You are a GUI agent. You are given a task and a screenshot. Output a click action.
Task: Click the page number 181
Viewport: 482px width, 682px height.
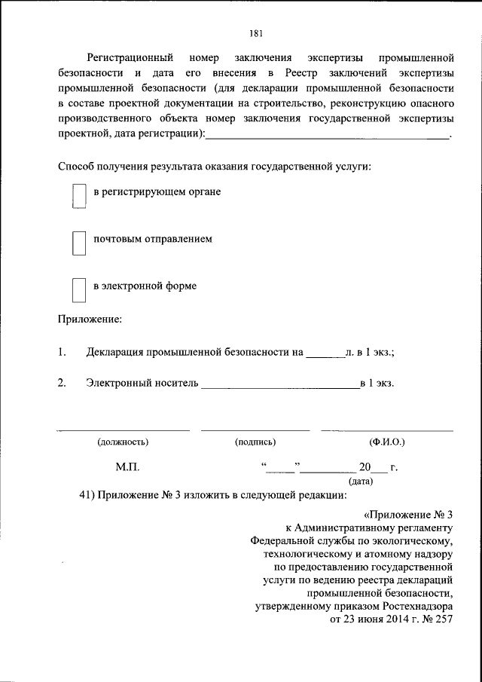tap(256, 32)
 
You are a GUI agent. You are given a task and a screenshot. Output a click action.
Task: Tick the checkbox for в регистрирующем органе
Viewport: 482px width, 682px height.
tap(78, 198)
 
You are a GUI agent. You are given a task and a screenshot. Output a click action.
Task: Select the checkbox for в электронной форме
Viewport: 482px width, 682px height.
tap(78, 290)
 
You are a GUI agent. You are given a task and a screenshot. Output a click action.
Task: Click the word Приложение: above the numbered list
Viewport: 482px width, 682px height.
tap(90, 319)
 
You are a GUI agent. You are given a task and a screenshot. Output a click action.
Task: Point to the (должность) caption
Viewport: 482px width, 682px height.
tap(123, 442)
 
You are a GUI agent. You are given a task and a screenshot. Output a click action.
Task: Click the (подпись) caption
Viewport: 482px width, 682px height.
tap(255, 442)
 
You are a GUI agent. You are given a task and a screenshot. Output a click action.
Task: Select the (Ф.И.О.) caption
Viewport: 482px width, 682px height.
tap(387, 442)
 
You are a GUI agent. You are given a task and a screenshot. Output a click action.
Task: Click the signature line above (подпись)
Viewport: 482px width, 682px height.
tap(255, 430)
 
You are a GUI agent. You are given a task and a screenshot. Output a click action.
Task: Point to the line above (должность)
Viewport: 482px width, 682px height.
tap(124, 430)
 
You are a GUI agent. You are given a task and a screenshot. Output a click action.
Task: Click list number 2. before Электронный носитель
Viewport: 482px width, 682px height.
tap(63, 383)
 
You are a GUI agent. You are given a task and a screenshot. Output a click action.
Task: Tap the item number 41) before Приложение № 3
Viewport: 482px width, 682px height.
tap(88, 495)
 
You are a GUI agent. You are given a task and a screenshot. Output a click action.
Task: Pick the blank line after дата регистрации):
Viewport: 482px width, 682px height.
tap(327, 136)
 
